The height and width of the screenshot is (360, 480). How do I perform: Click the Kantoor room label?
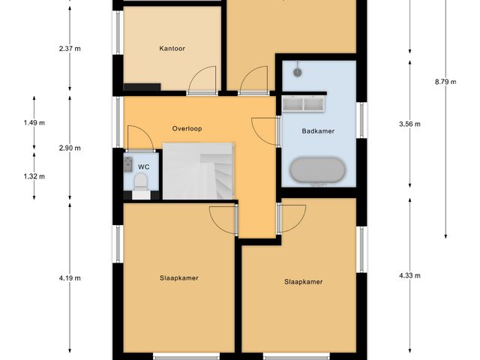pos(172,49)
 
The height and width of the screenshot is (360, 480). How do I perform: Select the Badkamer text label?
pos(317,130)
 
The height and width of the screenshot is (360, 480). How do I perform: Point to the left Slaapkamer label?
pos(178,277)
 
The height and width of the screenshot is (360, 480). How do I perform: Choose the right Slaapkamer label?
pos(303,282)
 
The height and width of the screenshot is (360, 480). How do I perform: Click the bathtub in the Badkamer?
pos(318,170)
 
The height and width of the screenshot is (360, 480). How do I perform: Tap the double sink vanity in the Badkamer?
pos(304,103)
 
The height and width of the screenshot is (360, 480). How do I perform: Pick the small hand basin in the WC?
pos(127,162)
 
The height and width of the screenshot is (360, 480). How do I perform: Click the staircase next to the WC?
pos(199,172)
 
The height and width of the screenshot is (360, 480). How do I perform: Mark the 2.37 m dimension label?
pos(69,49)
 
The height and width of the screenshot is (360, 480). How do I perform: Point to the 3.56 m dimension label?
pos(409,124)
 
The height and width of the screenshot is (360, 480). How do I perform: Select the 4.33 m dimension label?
pos(409,276)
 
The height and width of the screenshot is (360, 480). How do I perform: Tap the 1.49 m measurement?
pos(34,123)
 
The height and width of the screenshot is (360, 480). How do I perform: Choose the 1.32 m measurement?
pos(34,177)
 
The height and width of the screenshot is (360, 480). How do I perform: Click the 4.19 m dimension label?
pos(69,277)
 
